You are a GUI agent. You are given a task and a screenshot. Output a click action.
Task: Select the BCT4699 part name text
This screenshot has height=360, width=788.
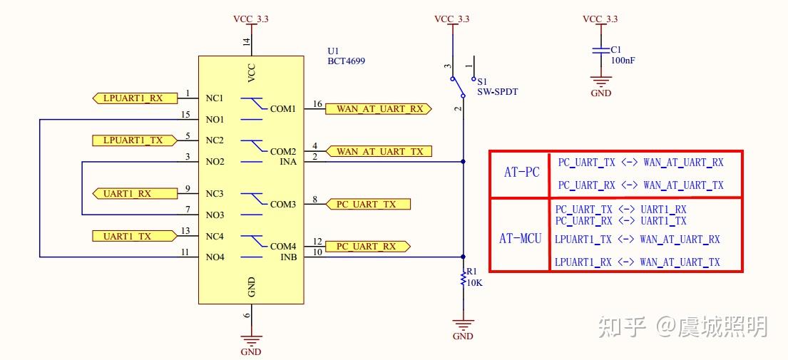click(x=346, y=61)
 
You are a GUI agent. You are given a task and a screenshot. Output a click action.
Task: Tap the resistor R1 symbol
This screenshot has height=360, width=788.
click(x=463, y=277)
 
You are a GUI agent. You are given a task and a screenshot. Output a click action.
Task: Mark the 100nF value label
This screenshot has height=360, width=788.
click(x=623, y=61)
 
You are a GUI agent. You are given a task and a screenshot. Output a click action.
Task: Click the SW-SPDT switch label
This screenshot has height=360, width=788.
click(x=497, y=92)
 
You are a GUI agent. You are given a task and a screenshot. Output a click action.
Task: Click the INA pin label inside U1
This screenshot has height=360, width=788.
click(x=288, y=162)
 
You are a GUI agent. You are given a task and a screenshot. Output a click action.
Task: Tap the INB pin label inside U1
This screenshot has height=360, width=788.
click(x=288, y=257)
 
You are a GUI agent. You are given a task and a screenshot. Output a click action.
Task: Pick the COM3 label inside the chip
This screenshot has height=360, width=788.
click(x=282, y=205)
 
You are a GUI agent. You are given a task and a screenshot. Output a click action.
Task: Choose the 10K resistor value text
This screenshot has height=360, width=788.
click(x=474, y=283)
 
